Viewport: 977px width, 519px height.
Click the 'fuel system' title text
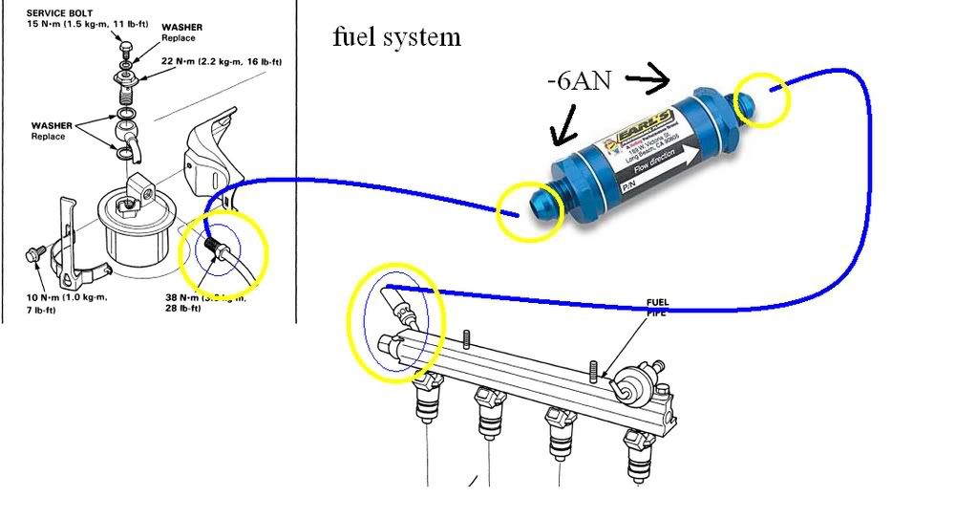396,37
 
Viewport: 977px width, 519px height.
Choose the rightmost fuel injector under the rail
639,445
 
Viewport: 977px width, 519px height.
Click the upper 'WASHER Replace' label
181,32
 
